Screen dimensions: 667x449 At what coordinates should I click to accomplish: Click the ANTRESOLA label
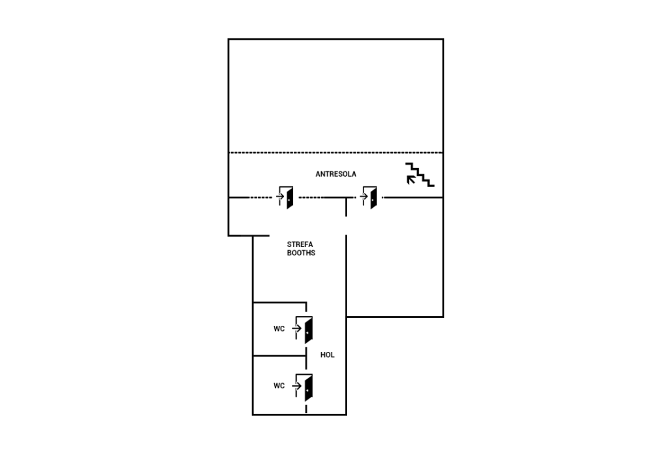tap(335, 174)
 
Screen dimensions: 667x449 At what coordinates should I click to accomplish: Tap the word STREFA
tap(300, 244)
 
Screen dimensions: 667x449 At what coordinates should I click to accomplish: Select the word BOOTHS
tap(301, 253)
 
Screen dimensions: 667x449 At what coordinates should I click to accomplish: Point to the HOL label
tap(327, 355)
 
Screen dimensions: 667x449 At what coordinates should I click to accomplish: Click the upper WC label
tap(279, 328)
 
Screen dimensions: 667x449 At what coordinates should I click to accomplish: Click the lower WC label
tap(279, 386)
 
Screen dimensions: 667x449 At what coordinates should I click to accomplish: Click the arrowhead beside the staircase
tap(410, 179)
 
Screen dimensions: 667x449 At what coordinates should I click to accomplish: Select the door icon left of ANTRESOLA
tap(285, 197)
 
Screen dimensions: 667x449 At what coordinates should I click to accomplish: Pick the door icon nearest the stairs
tap(369, 197)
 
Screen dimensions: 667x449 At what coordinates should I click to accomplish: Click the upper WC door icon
tap(305, 329)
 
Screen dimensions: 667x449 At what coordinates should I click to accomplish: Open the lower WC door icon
tap(305, 387)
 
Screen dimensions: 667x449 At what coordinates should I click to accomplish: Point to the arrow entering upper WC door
tap(296, 328)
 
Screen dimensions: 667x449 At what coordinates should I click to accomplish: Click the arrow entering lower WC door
tap(296, 386)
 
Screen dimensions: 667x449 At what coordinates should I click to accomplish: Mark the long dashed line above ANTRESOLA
tap(336, 152)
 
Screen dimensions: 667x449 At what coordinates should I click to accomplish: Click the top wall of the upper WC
tap(280, 302)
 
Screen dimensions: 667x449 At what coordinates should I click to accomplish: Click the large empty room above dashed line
tap(336, 96)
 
